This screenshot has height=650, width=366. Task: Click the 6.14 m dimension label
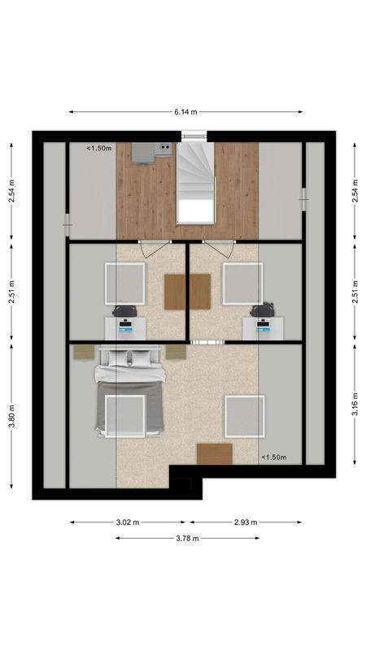click(185, 112)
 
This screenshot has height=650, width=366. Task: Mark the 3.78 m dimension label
click(185, 538)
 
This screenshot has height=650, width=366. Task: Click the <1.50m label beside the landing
click(99, 149)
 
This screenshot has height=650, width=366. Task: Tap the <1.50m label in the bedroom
click(273, 457)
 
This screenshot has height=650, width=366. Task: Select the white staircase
click(195, 183)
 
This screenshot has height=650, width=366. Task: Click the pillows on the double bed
click(130, 357)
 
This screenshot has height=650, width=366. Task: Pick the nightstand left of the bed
click(83, 352)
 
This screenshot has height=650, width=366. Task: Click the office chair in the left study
click(125, 310)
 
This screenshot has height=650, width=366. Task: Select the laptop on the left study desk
click(125, 326)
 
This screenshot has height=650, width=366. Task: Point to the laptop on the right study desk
click(263, 326)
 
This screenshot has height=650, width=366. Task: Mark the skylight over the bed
click(125, 415)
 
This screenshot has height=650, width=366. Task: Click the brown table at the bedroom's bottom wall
click(215, 454)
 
